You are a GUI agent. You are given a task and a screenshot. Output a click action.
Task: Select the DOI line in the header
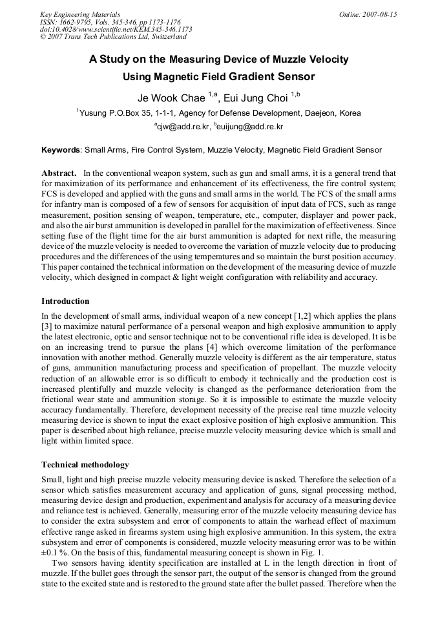116,30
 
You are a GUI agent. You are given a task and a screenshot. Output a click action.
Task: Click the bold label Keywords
61,150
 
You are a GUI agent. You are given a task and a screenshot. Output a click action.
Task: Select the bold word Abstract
59,173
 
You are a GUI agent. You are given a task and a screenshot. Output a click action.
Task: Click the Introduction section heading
65,301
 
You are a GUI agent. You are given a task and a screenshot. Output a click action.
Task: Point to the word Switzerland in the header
165,37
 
